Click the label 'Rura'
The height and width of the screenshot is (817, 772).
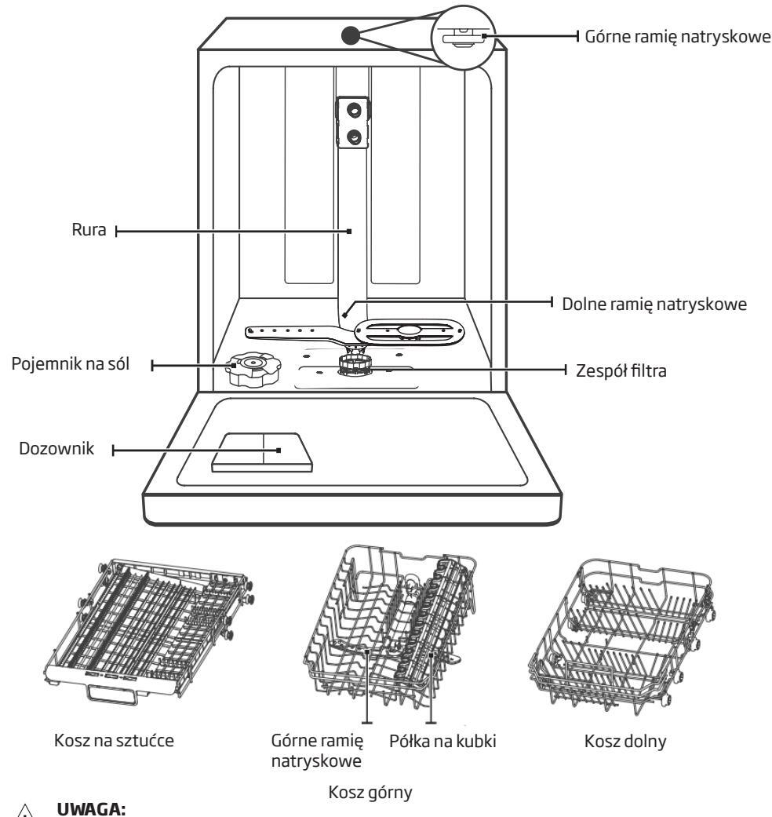tap(87, 232)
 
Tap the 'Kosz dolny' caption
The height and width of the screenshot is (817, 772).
tap(625, 742)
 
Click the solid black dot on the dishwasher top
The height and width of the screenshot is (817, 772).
tap(350, 35)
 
